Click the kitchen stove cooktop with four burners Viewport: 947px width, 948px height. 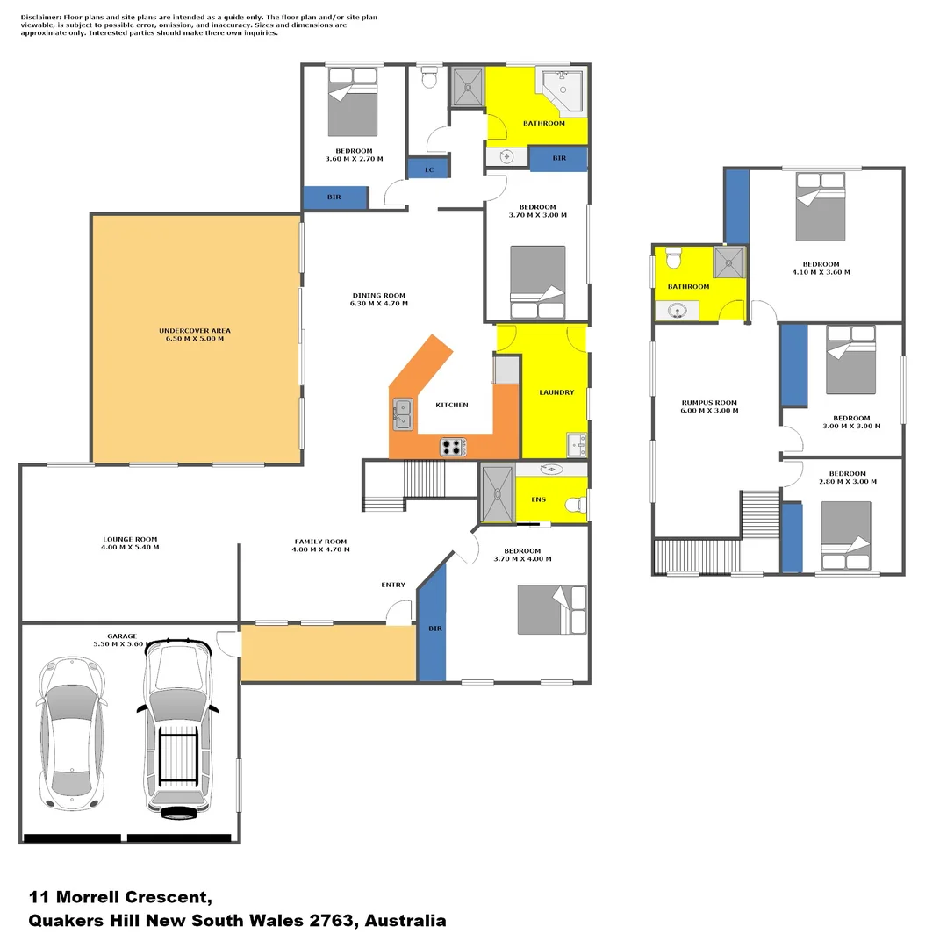[x=453, y=447]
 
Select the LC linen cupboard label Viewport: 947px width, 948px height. [x=429, y=170]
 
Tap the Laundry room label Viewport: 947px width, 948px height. [x=556, y=392]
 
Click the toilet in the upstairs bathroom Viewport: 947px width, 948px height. [x=674, y=258]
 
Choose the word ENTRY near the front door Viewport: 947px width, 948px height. [x=393, y=585]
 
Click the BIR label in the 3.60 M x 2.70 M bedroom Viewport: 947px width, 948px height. [x=334, y=197]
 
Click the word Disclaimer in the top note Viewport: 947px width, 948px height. [x=41, y=17]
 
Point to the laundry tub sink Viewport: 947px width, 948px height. [x=576, y=444]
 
